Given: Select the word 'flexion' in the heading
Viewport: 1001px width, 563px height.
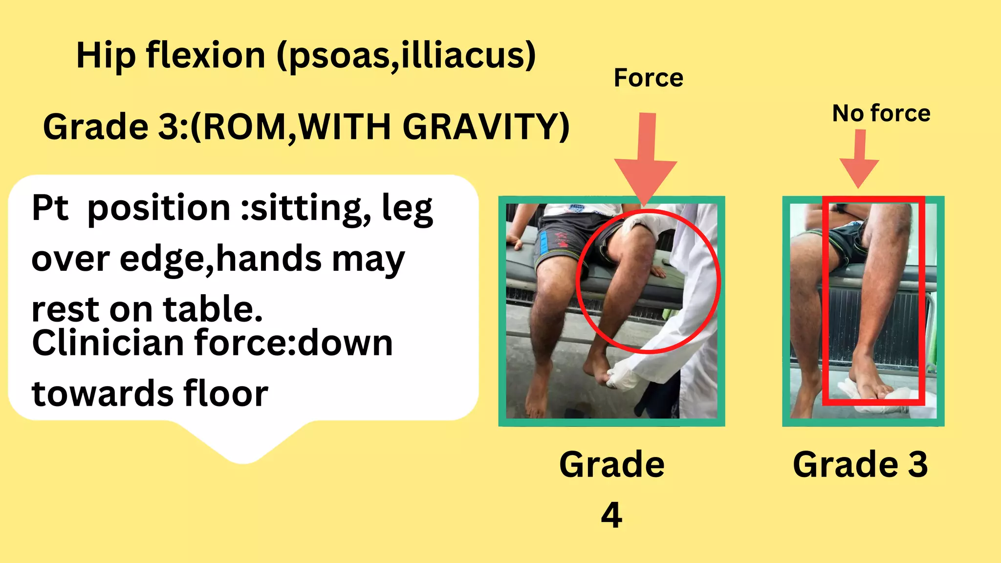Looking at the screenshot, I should point(205,55).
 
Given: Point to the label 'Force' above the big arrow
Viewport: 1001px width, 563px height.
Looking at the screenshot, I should point(648,78).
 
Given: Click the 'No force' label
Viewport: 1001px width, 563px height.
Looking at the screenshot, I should point(881,114).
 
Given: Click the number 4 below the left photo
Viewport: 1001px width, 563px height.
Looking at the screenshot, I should point(611,515).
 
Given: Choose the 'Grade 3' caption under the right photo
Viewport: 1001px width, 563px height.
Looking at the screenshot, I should point(860,464).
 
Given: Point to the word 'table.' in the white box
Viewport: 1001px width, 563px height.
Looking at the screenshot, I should point(213,310).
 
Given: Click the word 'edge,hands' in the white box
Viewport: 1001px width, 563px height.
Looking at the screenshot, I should point(220,259).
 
